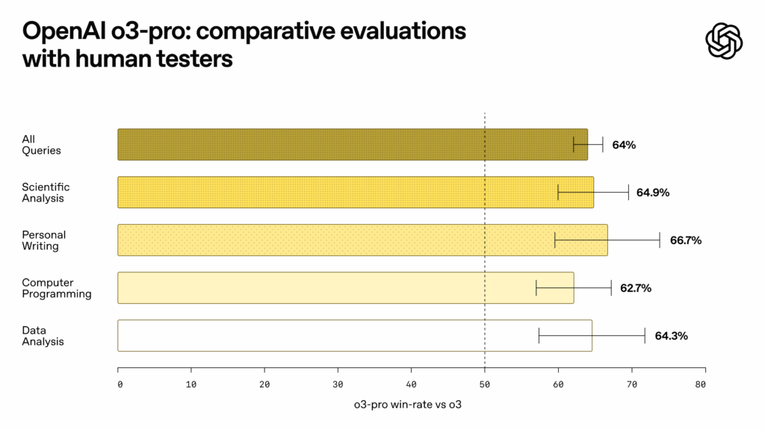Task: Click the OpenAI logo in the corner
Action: tap(724, 40)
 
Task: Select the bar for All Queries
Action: tap(352, 145)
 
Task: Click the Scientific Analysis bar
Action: tap(355, 193)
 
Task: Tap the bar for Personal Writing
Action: tap(362, 240)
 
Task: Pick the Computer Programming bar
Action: tap(345, 288)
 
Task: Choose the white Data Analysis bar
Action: tap(354, 336)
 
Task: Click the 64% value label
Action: tap(624, 145)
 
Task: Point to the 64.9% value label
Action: tap(652, 193)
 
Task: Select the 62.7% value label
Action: tap(635, 288)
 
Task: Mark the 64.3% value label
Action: tap(671, 336)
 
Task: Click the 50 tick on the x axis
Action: tap(486, 384)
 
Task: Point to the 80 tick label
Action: tap(700, 384)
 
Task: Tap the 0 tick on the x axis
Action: tap(120, 384)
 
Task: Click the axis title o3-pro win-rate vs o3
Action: tap(412, 405)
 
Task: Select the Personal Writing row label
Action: tap(44, 240)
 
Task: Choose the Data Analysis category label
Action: tap(43, 336)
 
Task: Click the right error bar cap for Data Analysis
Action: tap(645, 336)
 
